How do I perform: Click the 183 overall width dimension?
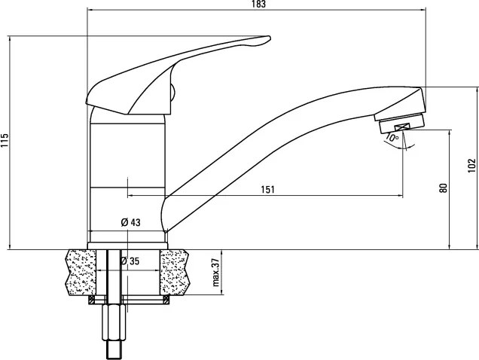259,4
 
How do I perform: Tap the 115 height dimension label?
5,140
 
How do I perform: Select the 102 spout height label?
472,166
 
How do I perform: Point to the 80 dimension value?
444,188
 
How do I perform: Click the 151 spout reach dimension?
267,190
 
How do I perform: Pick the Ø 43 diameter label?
131,222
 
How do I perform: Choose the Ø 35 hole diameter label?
130,261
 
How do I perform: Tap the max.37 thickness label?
216,272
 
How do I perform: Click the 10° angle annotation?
392,137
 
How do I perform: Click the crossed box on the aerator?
401,127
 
